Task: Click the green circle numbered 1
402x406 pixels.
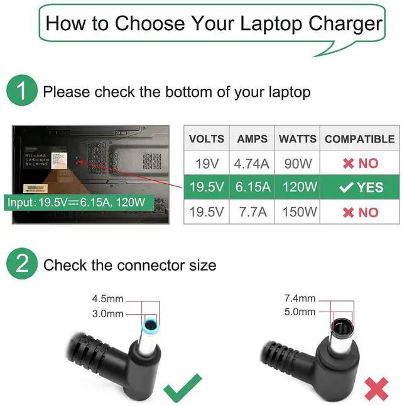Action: click(22, 92)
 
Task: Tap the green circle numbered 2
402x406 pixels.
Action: click(22, 265)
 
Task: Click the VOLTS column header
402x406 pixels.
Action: click(207, 139)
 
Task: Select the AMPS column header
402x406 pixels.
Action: click(252, 139)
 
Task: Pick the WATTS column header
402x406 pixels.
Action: click(298, 139)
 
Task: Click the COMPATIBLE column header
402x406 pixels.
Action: click(359, 139)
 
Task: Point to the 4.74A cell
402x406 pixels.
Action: click(252, 164)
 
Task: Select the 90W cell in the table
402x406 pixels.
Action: click(298, 164)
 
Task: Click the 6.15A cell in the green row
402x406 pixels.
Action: click(252, 188)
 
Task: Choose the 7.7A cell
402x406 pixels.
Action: click(252, 212)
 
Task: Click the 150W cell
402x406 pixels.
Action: click(298, 212)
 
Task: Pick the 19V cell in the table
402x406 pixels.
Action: click(207, 164)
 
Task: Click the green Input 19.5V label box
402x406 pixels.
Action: click(75, 203)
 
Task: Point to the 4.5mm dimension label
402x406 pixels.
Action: click(108, 299)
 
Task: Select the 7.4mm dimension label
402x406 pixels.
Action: click(298, 299)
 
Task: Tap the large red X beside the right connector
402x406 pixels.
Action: click(376, 388)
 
